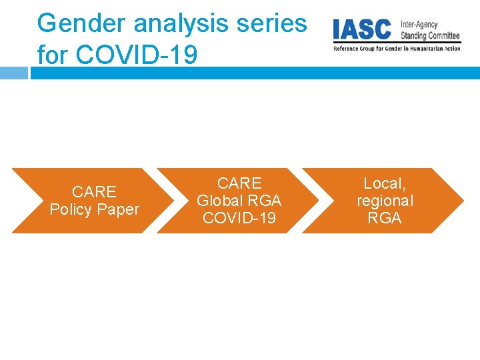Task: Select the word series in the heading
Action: click(x=275, y=23)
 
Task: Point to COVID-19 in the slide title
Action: click(x=137, y=55)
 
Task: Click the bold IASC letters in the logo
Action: click(x=363, y=29)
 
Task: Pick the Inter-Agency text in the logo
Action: click(x=419, y=25)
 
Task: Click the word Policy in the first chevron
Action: click(x=73, y=209)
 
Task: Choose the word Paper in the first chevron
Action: click(x=119, y=209)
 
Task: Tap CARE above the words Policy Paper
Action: click(x=94, y=192)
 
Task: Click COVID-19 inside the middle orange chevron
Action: click(x=239, y=218)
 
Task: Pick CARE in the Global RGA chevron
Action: click(x=239, y=183)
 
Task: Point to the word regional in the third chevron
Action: click(x=385, y=201)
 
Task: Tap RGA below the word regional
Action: click(x=385, y=218)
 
